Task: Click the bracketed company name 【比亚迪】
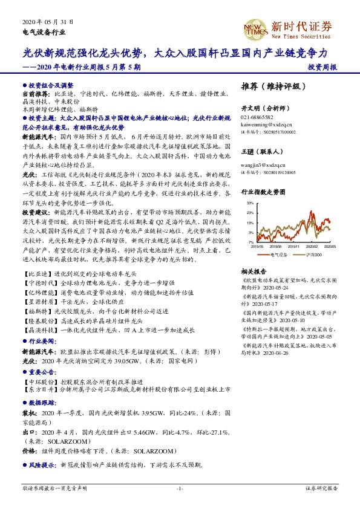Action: pos(37,274)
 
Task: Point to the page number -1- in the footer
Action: pos(180,487)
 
